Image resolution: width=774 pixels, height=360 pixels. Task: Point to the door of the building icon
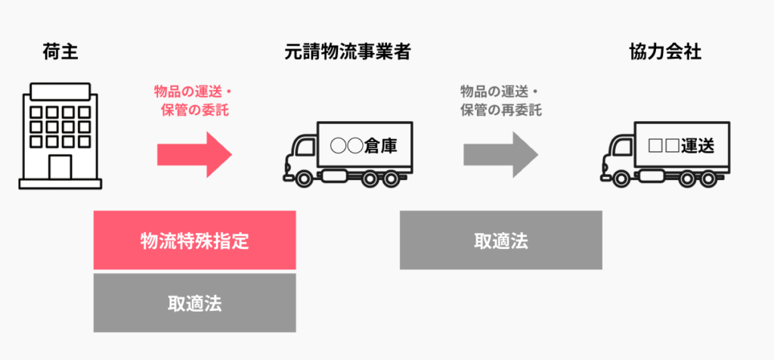61,166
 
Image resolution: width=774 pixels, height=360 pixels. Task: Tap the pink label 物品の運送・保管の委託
193,101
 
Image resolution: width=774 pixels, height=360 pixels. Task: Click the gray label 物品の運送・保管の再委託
501,101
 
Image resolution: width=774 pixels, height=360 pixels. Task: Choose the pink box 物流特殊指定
194,241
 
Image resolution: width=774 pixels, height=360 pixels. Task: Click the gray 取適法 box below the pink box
194,303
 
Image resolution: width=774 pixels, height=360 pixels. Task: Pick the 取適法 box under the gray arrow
500,241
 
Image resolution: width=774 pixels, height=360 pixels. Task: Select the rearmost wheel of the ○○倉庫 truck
394,179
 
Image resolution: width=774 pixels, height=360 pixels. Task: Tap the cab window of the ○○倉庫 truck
300,147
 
